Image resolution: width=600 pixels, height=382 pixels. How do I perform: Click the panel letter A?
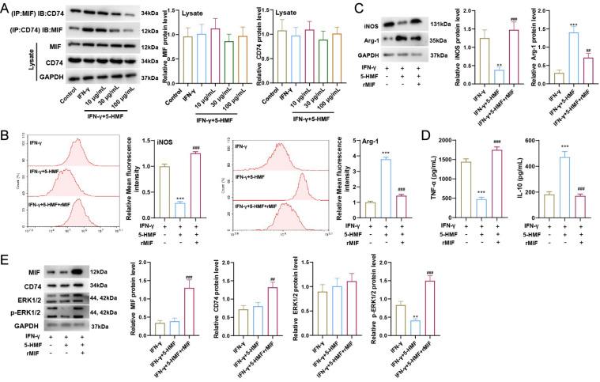6,7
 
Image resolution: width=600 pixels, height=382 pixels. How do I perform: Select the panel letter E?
6,259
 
